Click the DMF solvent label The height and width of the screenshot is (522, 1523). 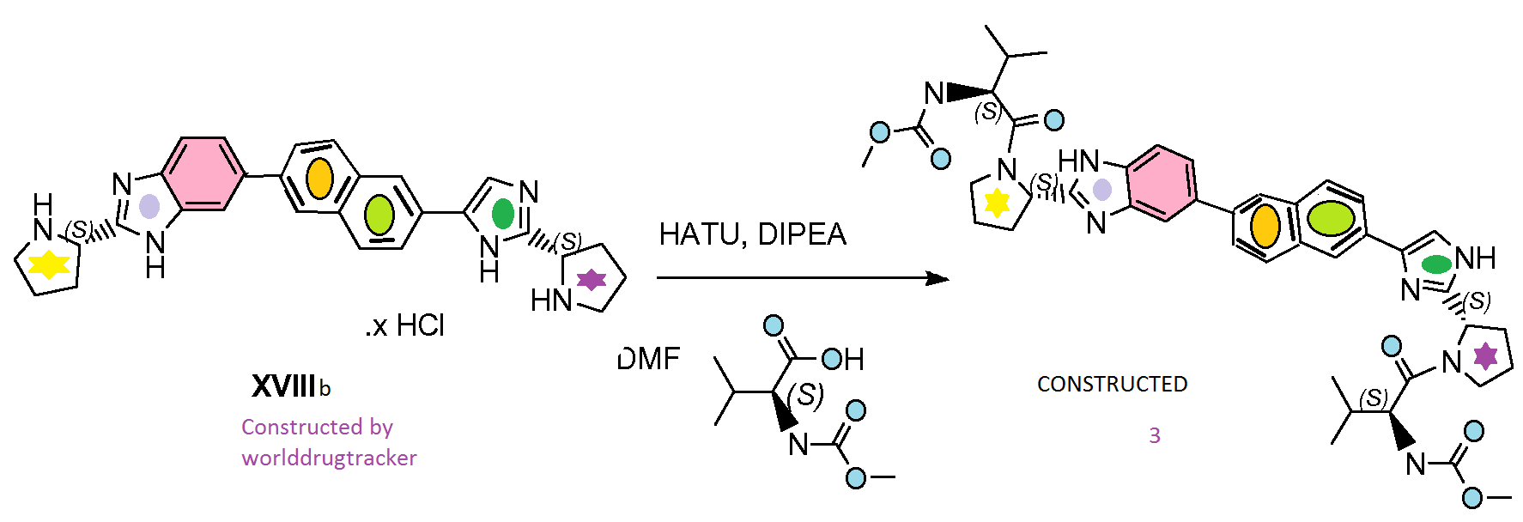[649, 359]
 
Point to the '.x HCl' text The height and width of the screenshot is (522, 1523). [405, 325]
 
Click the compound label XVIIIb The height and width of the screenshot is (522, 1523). [290, 386]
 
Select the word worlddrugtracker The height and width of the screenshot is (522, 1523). [329, 458]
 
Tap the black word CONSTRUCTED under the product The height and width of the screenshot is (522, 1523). [1112, 384]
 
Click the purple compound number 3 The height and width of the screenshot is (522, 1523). [1155, 436]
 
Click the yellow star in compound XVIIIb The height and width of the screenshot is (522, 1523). [49, 264]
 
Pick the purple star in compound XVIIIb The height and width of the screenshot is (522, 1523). [592, 279]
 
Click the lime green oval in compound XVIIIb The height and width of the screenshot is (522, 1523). [379, 214]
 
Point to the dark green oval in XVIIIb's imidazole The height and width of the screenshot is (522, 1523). [503, 214]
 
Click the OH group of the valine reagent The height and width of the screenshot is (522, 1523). [843, 359]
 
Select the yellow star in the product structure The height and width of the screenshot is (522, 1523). [997, 203]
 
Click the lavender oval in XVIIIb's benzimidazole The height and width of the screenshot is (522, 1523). [149, 206]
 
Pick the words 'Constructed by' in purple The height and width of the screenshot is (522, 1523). [317, 427]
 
